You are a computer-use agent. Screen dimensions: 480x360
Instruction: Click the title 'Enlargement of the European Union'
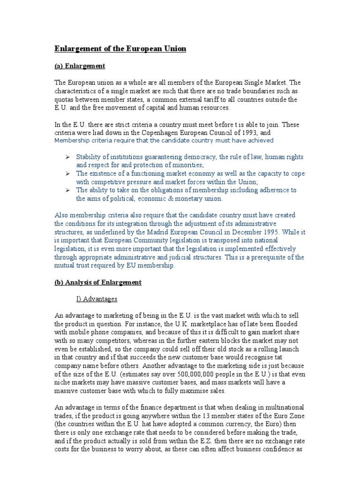click(x=120, y=49)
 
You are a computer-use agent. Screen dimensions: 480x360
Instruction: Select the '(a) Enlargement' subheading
click(x=80, y=66)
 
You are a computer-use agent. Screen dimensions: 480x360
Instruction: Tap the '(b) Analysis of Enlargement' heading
click(x=98, y=283)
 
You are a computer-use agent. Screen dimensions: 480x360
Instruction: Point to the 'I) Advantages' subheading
click(x=97, y=299)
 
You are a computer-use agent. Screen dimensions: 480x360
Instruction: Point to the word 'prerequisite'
click(x=273, y=257)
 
